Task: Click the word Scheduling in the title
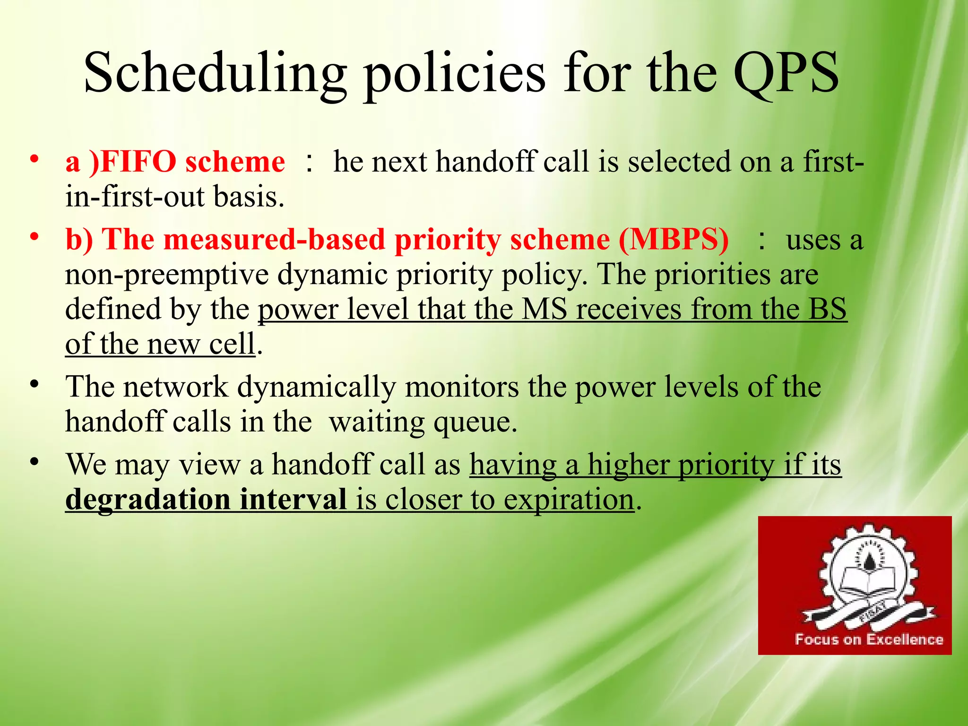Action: (x=215, y=73)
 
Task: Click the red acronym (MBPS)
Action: (x=674, y=240)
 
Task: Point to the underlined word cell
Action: (x=232, y=344)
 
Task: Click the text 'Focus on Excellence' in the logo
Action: (x=869, y=640)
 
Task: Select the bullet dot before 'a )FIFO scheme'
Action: (x=34, y=159)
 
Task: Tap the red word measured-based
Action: (x=275, y=240)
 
